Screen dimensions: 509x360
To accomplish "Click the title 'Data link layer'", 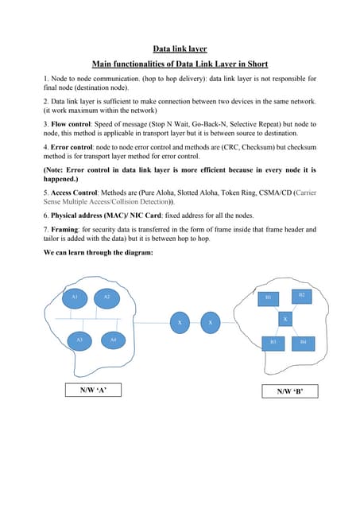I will coord(180,49).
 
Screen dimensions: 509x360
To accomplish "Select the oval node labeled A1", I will coord(75,297).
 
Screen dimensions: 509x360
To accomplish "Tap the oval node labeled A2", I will coord(106,297).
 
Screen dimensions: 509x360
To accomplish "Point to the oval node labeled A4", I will coord(113,340).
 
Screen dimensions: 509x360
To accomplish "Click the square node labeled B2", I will coord(301,295).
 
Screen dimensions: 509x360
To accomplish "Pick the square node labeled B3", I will coord(273,341).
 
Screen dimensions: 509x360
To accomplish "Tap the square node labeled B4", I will coord(303,341).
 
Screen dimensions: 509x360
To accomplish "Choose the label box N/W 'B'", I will coord(290,391).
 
